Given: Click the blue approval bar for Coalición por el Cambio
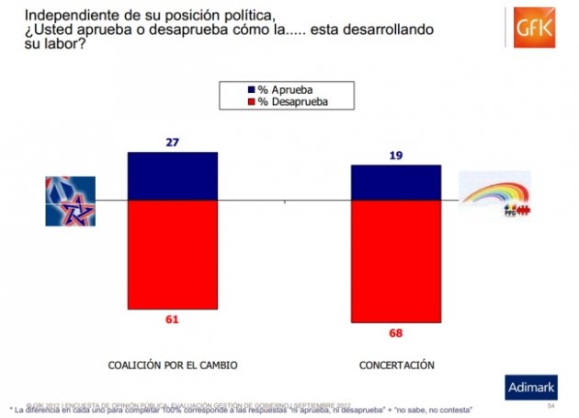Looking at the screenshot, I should (x=172, y=176).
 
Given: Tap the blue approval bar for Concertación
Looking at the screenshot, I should (x=396, y=182).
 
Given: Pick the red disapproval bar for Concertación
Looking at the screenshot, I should (x=396, y=261).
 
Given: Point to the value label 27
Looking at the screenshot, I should (x=172, y=143).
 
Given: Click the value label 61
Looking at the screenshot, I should (x=172, y=319).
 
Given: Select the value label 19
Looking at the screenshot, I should (x=396, y=156).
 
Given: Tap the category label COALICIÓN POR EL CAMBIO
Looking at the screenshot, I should (x=173, y=366).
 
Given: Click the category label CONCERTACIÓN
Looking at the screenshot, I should (x=396, y=366).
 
